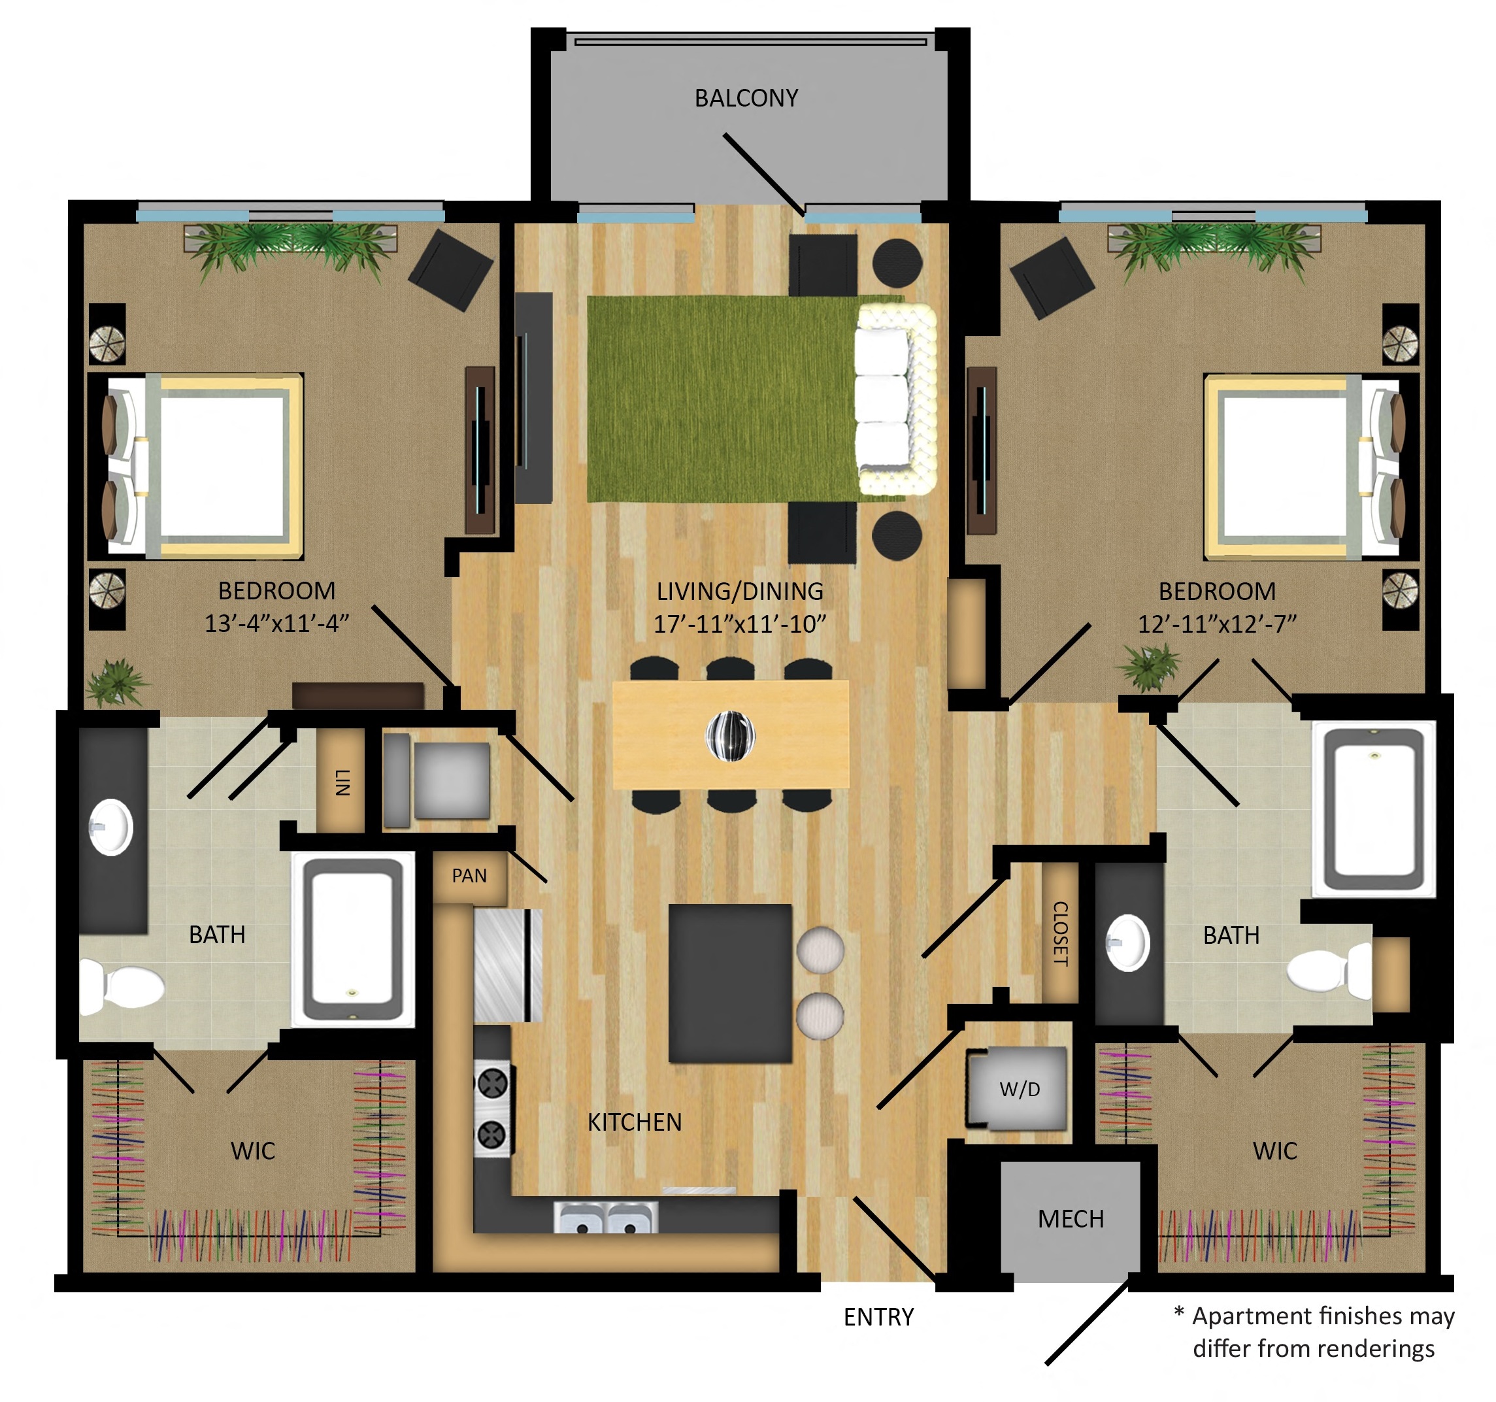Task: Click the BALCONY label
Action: (x=746, y=98)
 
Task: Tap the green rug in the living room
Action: (x=722, y=399)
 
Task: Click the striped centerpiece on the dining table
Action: (x=730, y=735)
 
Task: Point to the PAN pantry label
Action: (x=469, y=876)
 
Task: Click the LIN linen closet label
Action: (x=342, y=782)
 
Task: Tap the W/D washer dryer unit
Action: (x=1018, y=1089)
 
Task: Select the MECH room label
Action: (x=1071, y=1219)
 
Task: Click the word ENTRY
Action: (x=878, y=1318)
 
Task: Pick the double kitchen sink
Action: (x=606, y=1217)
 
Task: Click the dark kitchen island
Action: (x=730, y=984)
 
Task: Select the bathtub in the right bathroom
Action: (x=1374, y=809)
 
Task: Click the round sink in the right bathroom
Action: (x=1127, y=943)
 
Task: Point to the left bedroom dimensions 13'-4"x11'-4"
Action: (x=277, y=624)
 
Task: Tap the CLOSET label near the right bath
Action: (x=1059, y=933)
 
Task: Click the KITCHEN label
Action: (x=635, y=1123)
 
